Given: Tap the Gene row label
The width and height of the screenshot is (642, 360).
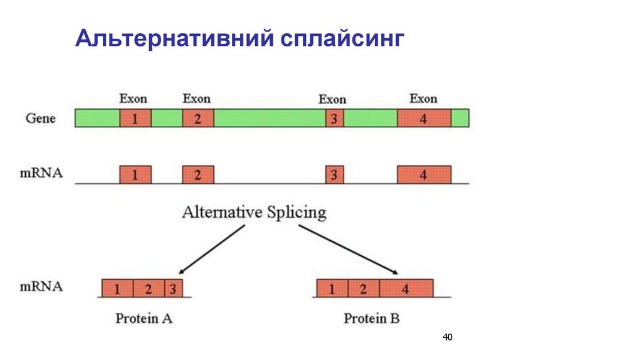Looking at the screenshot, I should tap(41, 118).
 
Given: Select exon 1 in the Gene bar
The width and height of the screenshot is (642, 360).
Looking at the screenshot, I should tap(135, 118).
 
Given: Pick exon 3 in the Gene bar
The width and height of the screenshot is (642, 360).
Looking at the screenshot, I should tap(334, 118).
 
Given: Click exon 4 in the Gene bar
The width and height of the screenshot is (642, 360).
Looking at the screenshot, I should tap(424, 118).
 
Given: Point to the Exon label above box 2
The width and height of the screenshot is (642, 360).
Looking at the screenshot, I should tap(197, 98).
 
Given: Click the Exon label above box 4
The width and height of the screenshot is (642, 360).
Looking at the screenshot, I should tap(423, 98).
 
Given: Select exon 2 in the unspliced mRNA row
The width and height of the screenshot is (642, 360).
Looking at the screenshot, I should tap(198, 174).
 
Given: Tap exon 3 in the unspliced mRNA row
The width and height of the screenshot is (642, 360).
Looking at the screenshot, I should tap(334, 174).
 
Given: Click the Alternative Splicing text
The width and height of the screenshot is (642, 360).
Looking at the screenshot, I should tap(254, 212).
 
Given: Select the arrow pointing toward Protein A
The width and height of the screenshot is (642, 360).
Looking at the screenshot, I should tap(211, 250).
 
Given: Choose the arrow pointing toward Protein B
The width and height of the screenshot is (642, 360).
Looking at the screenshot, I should tap(349, 250).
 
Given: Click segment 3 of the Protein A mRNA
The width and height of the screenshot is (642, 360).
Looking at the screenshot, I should tap(172, 289).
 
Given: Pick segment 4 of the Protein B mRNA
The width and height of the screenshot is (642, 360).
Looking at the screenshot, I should tap(406, 289).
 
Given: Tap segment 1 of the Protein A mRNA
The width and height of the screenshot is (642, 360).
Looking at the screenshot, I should tap(117, 289).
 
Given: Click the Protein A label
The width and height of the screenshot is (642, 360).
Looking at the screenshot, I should tap(144, 318).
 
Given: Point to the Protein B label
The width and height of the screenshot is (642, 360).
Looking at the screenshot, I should tap(371, 318).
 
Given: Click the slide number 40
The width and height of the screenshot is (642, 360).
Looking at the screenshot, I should tap(447, 337).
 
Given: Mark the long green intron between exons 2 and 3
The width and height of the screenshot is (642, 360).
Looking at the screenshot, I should tap(270, 118).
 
